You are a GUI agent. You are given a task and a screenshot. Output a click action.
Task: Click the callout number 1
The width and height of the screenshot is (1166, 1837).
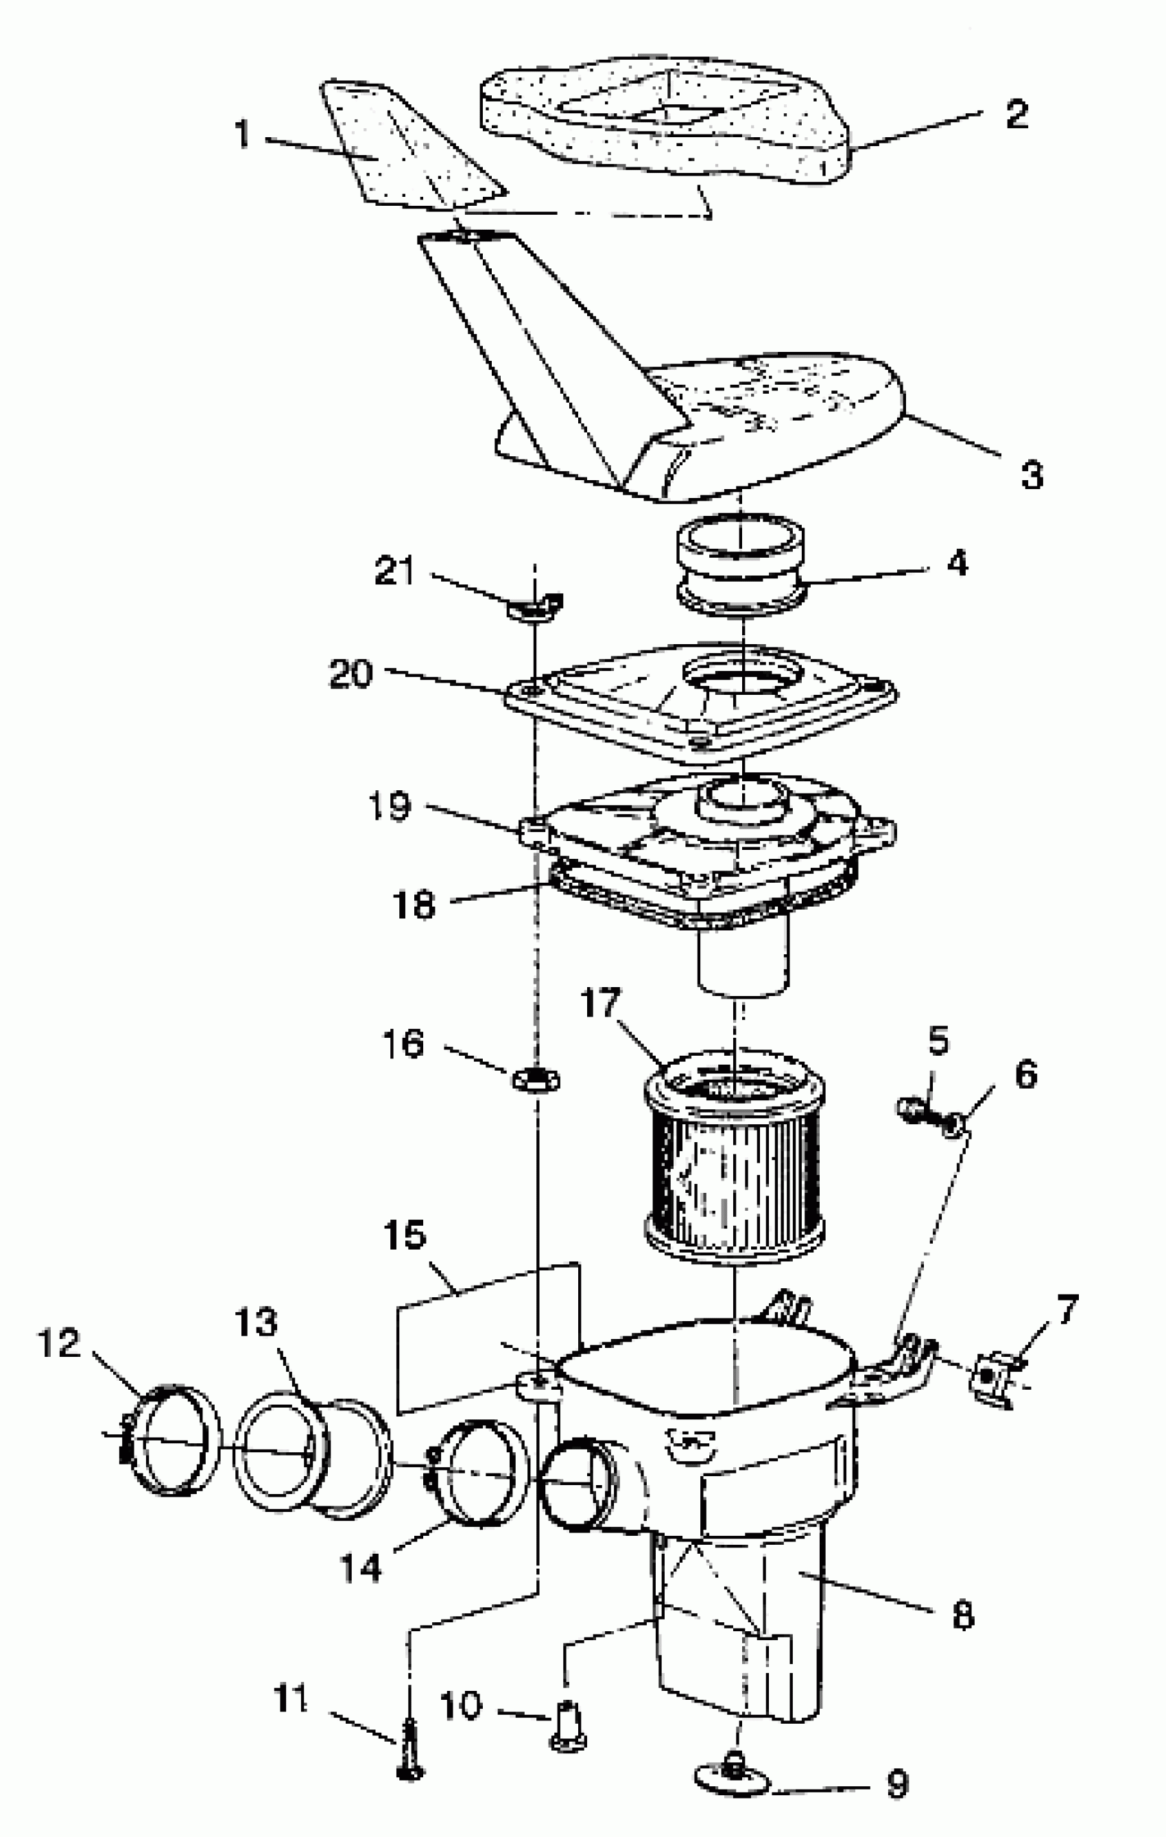point(243,134)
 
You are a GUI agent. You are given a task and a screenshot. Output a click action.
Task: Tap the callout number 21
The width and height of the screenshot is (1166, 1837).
point(394,571)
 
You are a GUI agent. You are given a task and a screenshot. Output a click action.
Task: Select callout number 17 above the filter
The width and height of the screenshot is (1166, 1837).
point(601,1002)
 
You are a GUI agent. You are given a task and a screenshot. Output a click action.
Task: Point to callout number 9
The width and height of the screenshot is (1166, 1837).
point(897,1783)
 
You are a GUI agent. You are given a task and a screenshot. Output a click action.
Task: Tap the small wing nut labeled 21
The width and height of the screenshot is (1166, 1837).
point(537,607)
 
